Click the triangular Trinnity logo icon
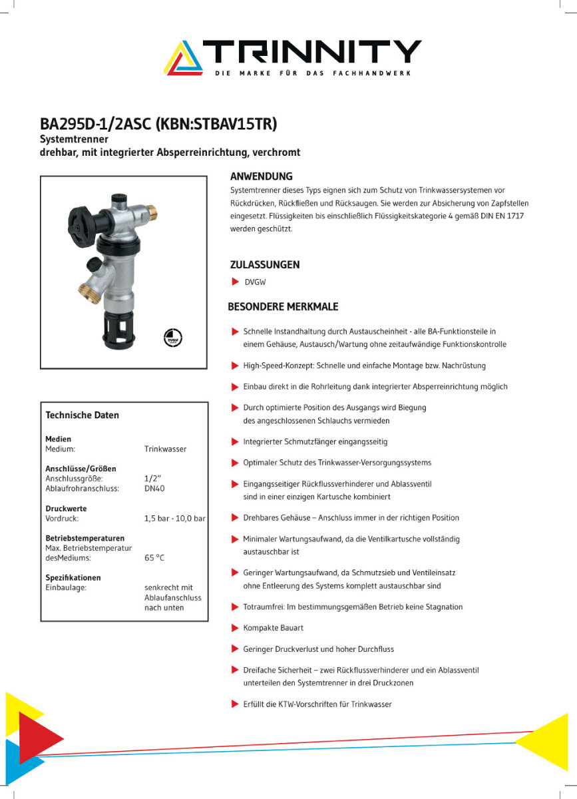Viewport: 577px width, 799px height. pyautogui.click(x=184, y=57)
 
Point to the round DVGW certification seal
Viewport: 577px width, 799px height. pyautogui.click(x=173, y=337)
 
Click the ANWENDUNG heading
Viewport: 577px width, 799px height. pyautogui.click(x=261, y=177)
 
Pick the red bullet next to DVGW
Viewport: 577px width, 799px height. pyautogui.click(x=235, y=282)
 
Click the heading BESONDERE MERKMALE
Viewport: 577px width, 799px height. pyautogui.click(x=283, y=307)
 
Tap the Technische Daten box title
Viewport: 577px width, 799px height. pyautogui.click(x=82, y=415)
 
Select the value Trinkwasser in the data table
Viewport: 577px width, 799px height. pyautogui.click(x=165, y=449)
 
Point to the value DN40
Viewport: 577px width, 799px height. pyautogui.click(x=154, y=489)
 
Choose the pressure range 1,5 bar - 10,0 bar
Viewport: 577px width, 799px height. pyautogui.click(x=174, y=519)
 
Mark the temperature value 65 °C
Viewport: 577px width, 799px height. pyautogui.click(x=154, y=559)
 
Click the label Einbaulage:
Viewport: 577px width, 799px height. pyautogui.click(x=66, y=588)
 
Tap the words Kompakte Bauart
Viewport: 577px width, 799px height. pyautogui.click(x=273, y=628)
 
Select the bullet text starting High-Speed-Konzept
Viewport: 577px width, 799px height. pyautogui.click(x=364, y=366)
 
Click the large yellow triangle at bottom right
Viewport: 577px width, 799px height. pyautogui.click(x=550, y=742)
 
